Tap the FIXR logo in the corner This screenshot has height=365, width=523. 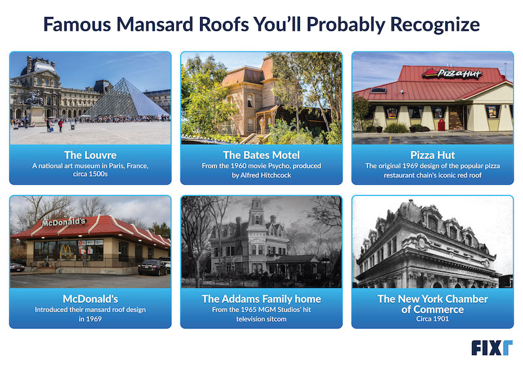click(x=492, y=347)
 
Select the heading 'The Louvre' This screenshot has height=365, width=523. click(x=90, y=155)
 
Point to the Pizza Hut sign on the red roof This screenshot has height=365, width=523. click(x=451, y=74)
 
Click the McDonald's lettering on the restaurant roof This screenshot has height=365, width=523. click(x=63, y=222)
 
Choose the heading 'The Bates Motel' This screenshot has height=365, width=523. click(x=261, y=155)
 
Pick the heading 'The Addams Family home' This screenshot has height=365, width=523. click(x=261, y=298)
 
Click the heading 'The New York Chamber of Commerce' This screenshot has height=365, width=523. click(x=432, y=304)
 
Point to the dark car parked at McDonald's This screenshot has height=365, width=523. click(x=152, y=267)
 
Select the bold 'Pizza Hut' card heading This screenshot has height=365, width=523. click(x=432, y=155)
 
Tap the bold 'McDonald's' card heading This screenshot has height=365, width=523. click(x=90, y=298)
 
